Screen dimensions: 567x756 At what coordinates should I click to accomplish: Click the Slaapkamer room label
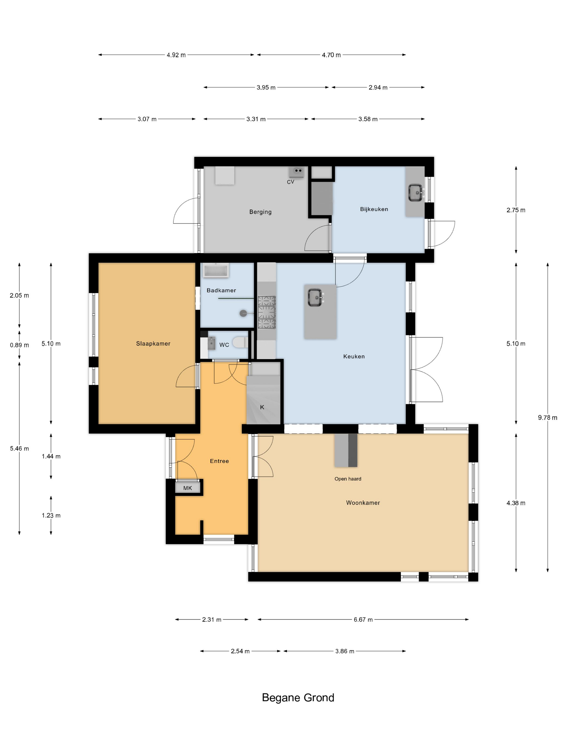(153, 343)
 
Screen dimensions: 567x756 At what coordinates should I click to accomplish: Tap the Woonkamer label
(363, 503)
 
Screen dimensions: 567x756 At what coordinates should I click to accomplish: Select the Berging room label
(261, 212)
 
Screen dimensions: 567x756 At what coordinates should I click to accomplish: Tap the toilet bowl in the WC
(241, 342)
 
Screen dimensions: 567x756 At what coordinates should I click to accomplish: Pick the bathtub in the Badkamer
(216, 270)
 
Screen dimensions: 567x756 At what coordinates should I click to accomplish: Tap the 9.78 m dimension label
(548, 417)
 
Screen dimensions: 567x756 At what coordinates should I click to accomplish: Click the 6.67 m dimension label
(363, 620)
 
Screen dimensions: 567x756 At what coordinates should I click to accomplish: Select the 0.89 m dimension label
(19, 345)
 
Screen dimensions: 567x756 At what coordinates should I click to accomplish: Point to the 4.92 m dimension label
(176, 55)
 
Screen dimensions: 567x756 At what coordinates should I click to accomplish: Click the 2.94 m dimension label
(378, 87)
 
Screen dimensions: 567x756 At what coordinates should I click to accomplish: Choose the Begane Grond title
(298, 698)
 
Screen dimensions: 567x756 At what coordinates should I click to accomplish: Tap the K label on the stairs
(262, 407)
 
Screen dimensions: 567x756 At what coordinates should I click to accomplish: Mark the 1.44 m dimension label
(51, 456)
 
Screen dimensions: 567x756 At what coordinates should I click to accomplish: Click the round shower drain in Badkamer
(243, 313)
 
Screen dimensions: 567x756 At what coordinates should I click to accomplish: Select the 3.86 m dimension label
(345, 651)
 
